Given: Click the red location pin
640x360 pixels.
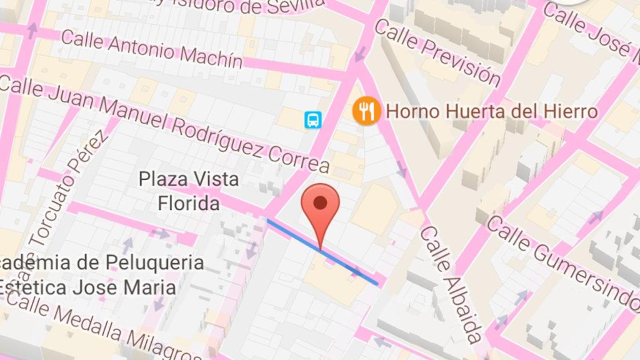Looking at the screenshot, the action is tap(320, 210).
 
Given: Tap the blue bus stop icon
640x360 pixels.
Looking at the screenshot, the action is tap(313, 119).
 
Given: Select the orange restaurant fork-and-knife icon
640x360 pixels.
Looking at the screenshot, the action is tap(366, 111).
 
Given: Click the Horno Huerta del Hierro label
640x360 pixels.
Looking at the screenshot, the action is tap(492, 112).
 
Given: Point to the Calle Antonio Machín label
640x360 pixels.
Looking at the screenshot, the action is tap(152, 49).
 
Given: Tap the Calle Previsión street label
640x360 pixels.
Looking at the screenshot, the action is tap(437, 52).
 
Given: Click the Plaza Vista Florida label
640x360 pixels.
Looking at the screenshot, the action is tap(189, 191).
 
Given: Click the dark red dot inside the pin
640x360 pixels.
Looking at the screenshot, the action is tap(320, 202).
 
